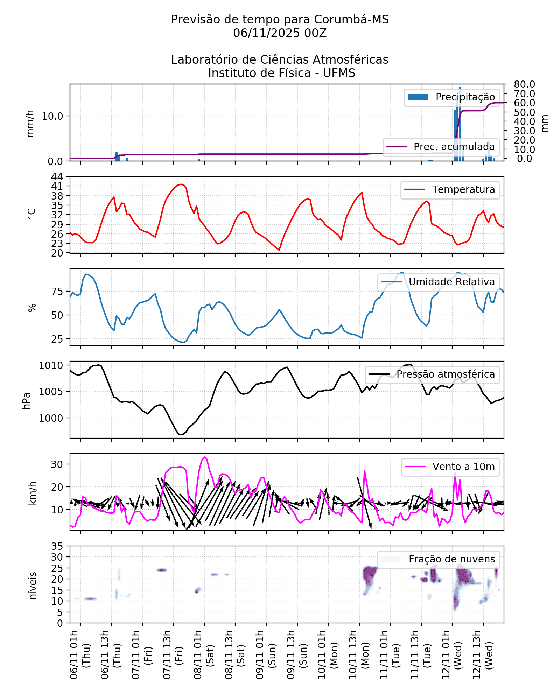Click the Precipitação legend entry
tap(451, 97)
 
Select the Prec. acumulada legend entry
tap(441, 147)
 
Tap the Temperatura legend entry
tap(450, 190)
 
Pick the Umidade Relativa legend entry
tap(439, 282)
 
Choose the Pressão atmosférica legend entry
tap(433, 374)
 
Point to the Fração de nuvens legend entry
tap(439, 559)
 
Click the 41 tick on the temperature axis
tap(57, 186)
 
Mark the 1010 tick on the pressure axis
tap(51, 366)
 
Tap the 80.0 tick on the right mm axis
tap(524, 84)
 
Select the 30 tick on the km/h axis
tap(57, 464)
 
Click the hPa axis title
tap(27, 400)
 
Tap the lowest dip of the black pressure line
tap(181, 435)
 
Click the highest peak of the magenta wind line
tap(205, 457)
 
